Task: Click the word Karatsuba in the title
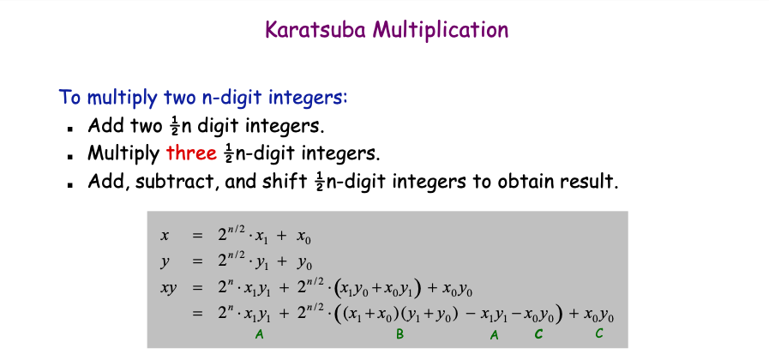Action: coord(315,30)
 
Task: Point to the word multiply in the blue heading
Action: coord(120,97)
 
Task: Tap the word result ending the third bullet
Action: coord(592,182)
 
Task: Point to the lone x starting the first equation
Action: coord(165,234)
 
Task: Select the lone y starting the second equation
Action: coord(165,261)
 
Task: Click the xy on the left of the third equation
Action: coord(168,289)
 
